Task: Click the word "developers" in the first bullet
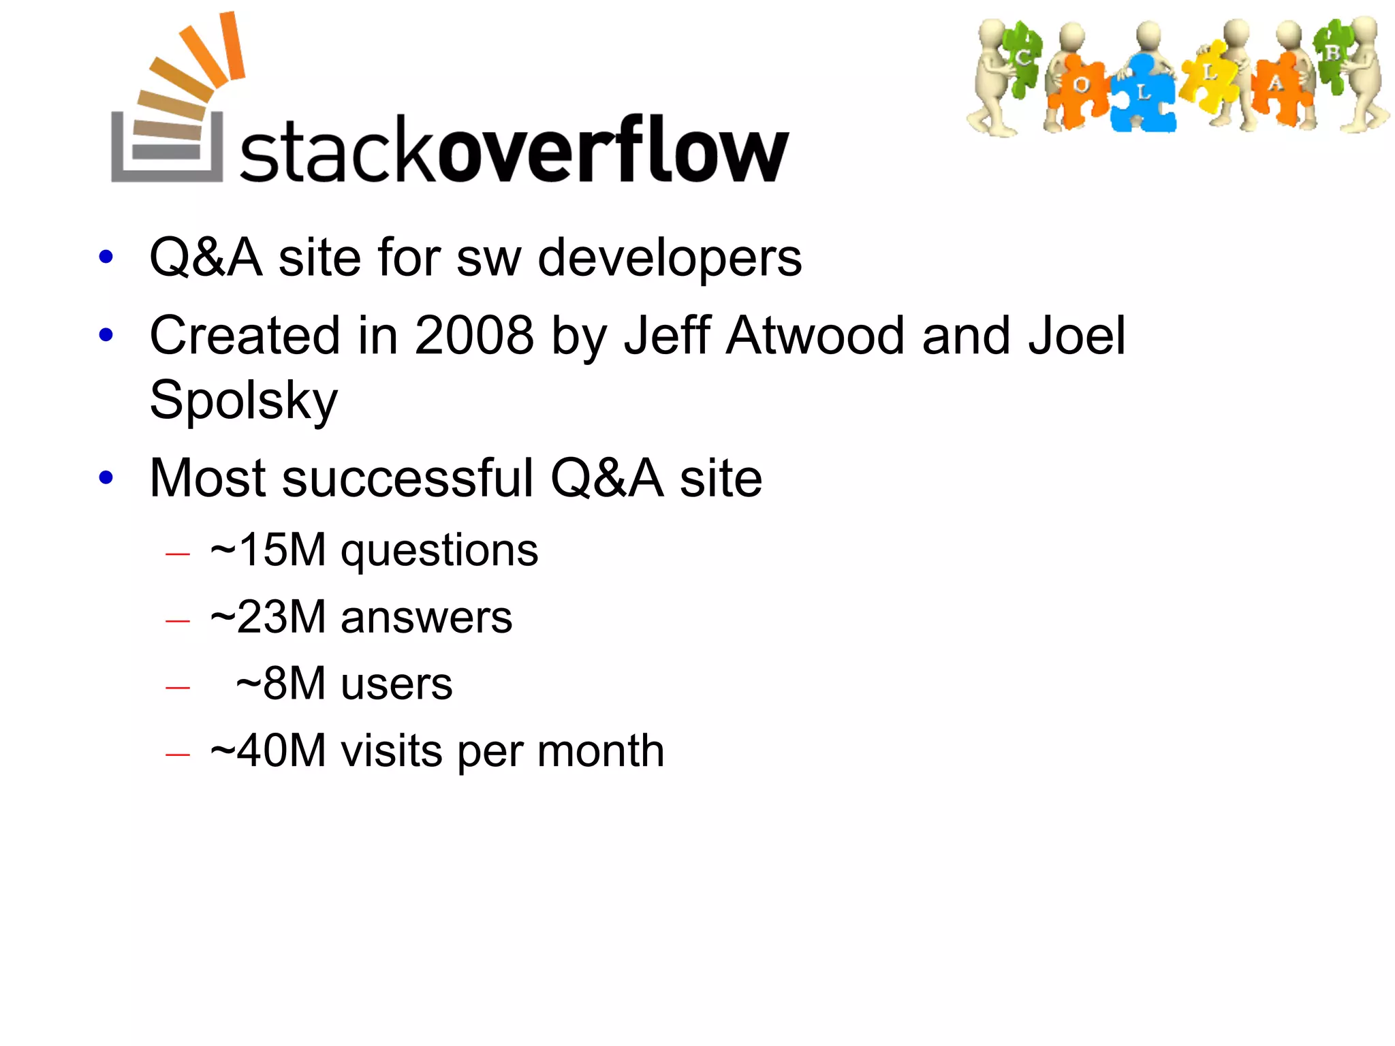pos(670,258)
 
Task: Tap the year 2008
pos(474,336)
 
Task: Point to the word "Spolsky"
pos(243,400)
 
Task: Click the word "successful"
pos(407,478)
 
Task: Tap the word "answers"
pos(426,618)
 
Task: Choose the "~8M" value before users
pos(281,684)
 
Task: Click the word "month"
pos(600,751)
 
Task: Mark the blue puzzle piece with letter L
pos(1144,94)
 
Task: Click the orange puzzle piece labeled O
pos(1080,87)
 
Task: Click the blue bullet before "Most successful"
pos(106,477)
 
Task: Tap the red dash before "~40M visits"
pos(178,754)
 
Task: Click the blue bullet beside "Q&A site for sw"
pos(106,257)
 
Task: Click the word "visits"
pos(392,751)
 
